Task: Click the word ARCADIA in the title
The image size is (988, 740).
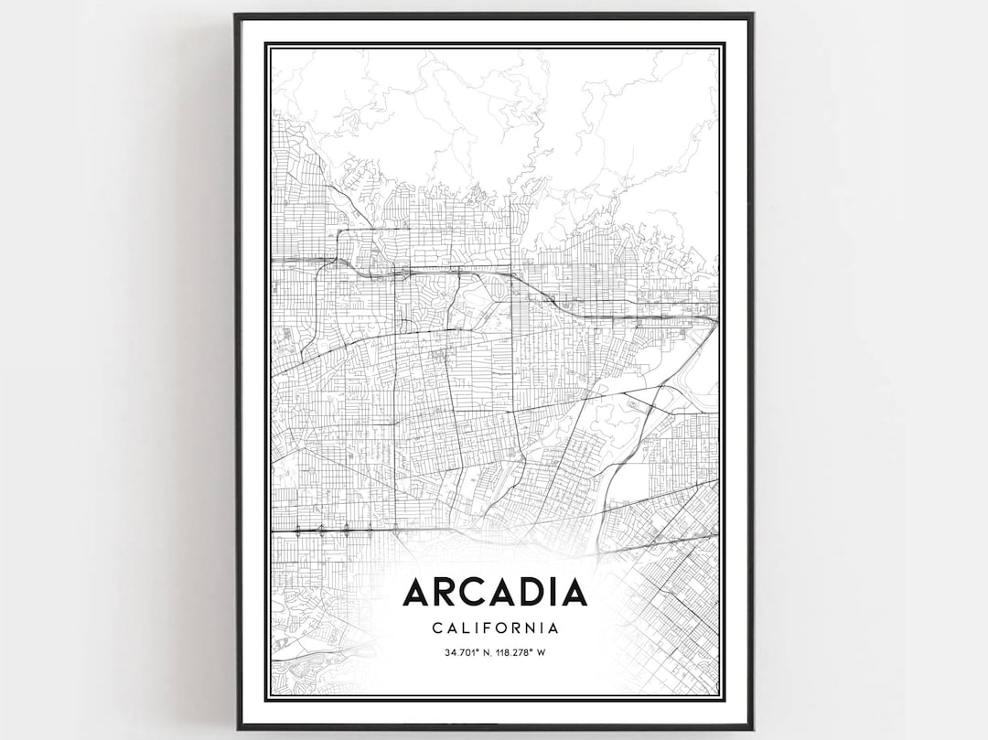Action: [x=494, y=593]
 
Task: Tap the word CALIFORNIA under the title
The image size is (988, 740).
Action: [x=494, y=628]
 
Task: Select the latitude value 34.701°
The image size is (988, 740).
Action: [x=463, y=652]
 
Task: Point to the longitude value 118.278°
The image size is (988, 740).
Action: [x=517, y=652]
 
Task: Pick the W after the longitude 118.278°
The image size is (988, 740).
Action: [x=541, y=652]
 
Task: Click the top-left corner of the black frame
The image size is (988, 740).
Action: [x=236, y=15]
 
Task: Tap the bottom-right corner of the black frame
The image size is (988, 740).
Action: [x=752, y=728]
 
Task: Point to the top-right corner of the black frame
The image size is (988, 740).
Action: [x=752, y=15]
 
